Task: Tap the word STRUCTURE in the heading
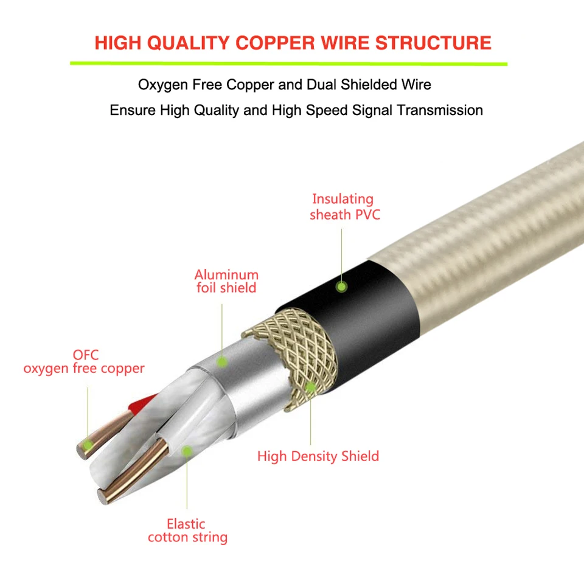pyautogui.click(x=433, y=43)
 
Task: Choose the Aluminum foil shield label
pyautogui.click(x=226, y=281)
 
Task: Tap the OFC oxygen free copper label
pyautogui.click(x=84, y=361)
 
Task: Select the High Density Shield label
pyautogui.click(x=318, y=456)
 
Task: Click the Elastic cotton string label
pyautogui.click(x=187, y=530)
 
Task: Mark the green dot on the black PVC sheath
pyautogui.click(x=342, y=285)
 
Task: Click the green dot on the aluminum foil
pyautogui.click(x=223, y=362)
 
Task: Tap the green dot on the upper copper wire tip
pyautogui.click(x=88, y=446)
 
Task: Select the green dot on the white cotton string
pyautogui.click(x=187, y=451)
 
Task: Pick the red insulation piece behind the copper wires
pyautogui.click(x=141, y=401)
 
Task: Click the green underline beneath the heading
pyautogui.click(x=288, y=63)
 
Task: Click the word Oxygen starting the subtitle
pyautogui.click(x=163, y=85)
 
